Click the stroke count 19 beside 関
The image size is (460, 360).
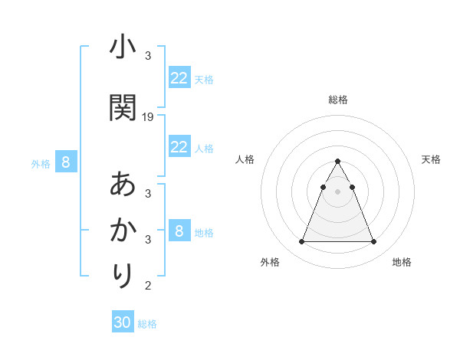tap(148, 117)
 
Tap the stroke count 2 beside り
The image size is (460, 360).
tap(148, 286)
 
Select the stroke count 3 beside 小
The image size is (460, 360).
tap(148, 56)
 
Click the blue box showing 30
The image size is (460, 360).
tap(123, 322)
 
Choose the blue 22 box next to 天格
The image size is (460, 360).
tap(179, 78)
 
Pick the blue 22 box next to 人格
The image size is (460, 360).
tap(179, 147)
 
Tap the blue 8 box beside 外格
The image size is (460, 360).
tap(66, 162)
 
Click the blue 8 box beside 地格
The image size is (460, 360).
tap(179, 231)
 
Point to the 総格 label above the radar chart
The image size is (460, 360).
tap(337, 100)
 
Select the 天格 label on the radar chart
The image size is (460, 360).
tap(432, 159)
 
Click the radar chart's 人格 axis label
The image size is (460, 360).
tap(245, 159)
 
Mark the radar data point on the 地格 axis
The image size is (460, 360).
tap(373, 242)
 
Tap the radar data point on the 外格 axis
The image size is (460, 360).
tap(301, 242)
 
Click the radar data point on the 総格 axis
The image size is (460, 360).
tap(337, 162)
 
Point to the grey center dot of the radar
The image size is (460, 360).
tap(337, 191)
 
